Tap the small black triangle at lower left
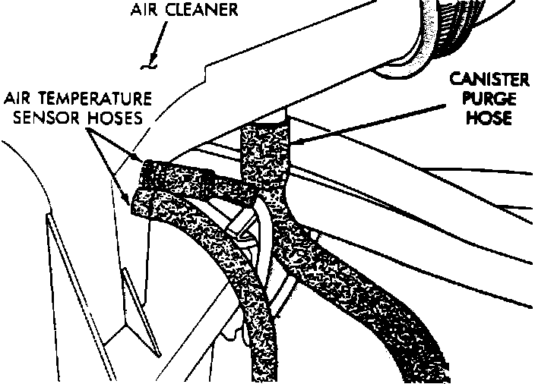(134, 293)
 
